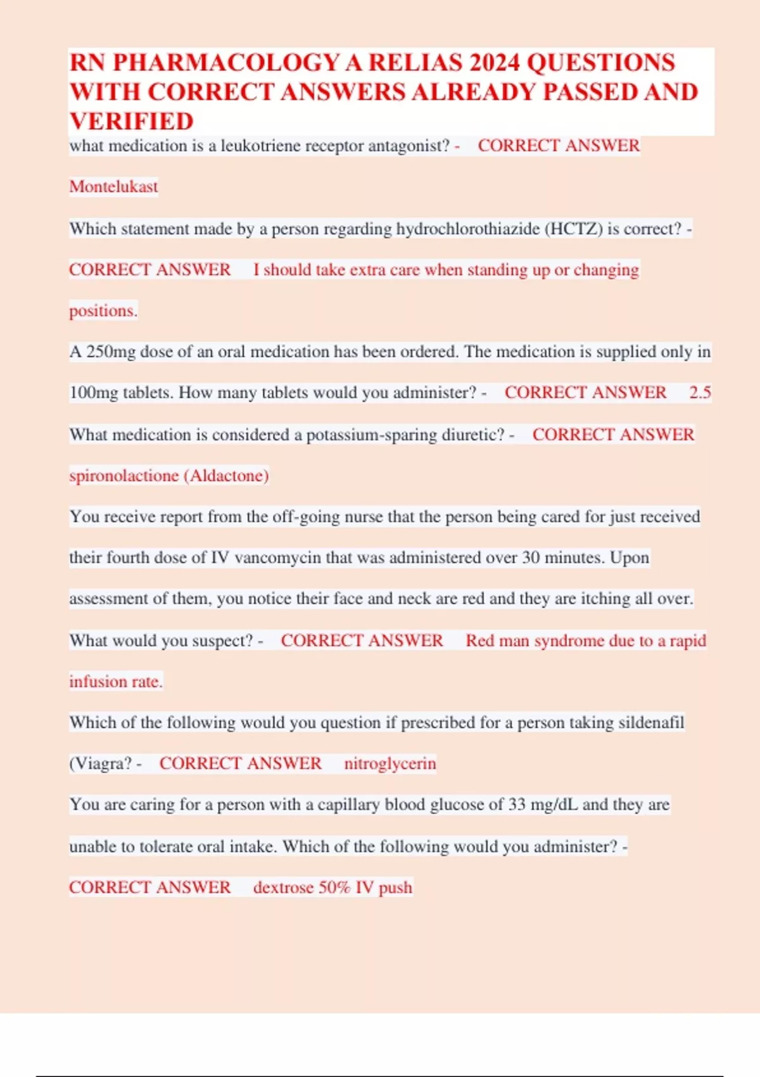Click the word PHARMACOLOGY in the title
(x=226, y=63)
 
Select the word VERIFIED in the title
(x=131, y=121)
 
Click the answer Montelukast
(x=113, y=187)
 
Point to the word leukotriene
(x=260, y=146)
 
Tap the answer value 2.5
(x=700, y=393)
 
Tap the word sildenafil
(x=651, y=723)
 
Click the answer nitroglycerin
(x=389, y=763)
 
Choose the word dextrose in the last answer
(x=283, y=888)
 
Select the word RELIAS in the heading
(x=415, y=63)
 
